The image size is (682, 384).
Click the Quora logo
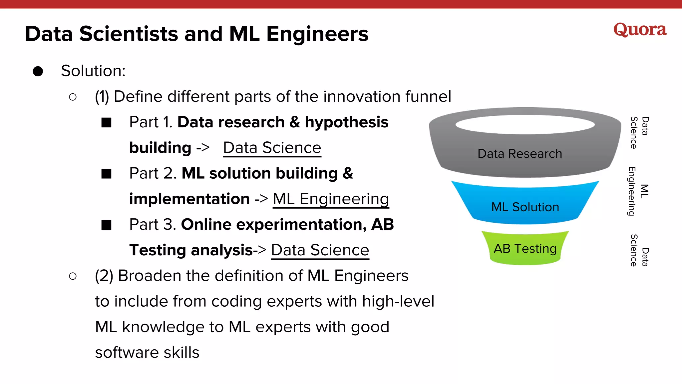[x=640, y=30]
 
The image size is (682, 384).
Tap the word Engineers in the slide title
[x=317, y=34]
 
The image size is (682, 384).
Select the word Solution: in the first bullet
[x=93, y=71]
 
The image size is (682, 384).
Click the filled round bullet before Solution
[x=38, y=71]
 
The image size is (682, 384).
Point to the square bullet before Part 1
[x=107, y=122]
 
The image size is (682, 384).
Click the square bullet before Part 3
[x=107, y=225]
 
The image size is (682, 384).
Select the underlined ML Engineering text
[x=331, y=199]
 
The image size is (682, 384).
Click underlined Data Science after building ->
[x=272, y=148]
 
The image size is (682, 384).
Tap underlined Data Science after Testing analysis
[x=320, y=250]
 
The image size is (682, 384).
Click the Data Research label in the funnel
[x=519, y=154]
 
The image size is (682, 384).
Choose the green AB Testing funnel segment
[x=525, y=249]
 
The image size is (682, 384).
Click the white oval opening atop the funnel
[x=525, y=125]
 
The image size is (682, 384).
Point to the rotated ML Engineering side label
[x=638, y=191]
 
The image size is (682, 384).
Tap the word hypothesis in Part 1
[x=346, y=122]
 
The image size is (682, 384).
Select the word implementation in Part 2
[x=189, y=199]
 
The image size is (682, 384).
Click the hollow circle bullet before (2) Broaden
[x=73, y=276]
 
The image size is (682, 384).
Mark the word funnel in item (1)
[x=428, y=97]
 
